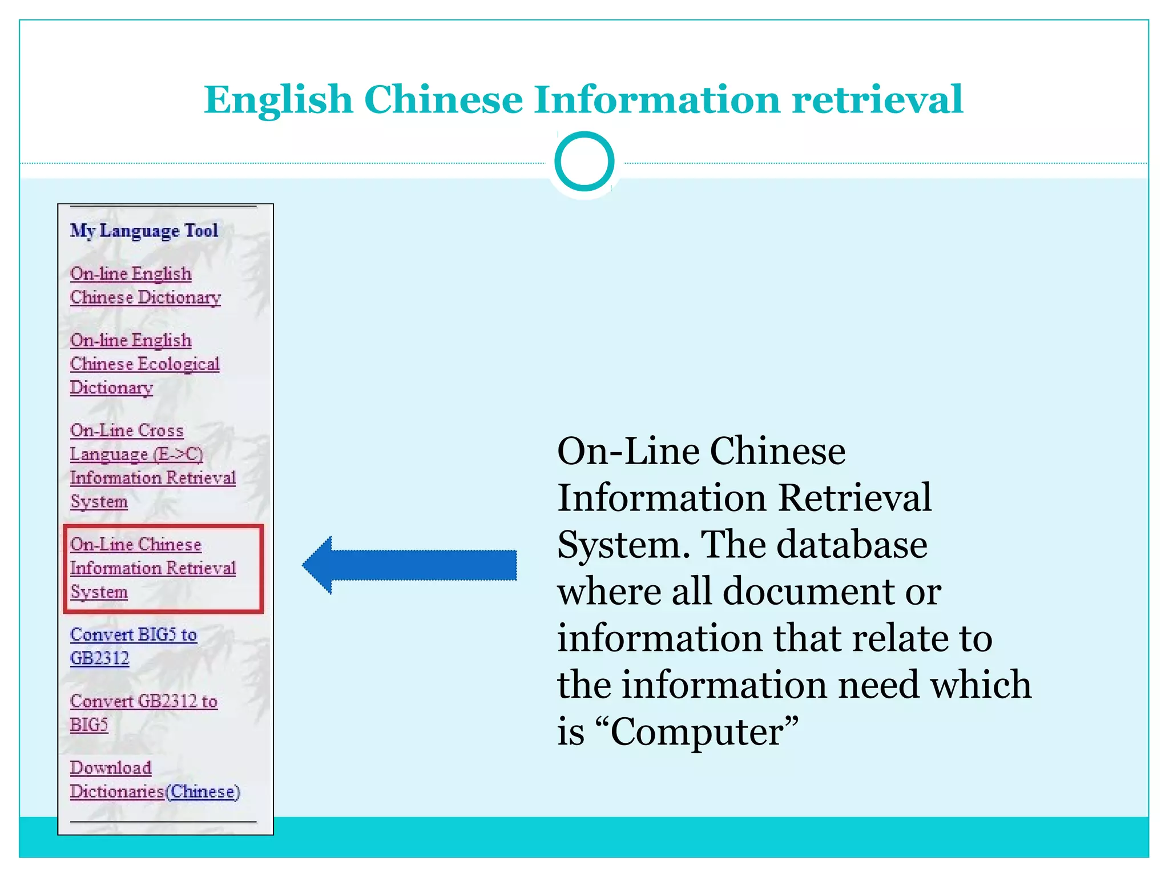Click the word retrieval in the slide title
[x=877, y=99]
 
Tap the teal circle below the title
[x=584, y=162]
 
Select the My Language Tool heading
[x=144, y=231]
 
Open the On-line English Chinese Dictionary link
[x=144, y=285]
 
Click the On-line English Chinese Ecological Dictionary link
[x=144, y=364]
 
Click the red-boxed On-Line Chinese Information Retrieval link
[x=152, y=568]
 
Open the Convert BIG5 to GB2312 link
[x=133, y=646]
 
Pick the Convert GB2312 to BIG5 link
[x=143, y=713]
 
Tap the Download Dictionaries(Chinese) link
[x=154, y=780]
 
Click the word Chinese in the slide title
[x=443, y=99]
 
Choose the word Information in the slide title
[x=657, y=99]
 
